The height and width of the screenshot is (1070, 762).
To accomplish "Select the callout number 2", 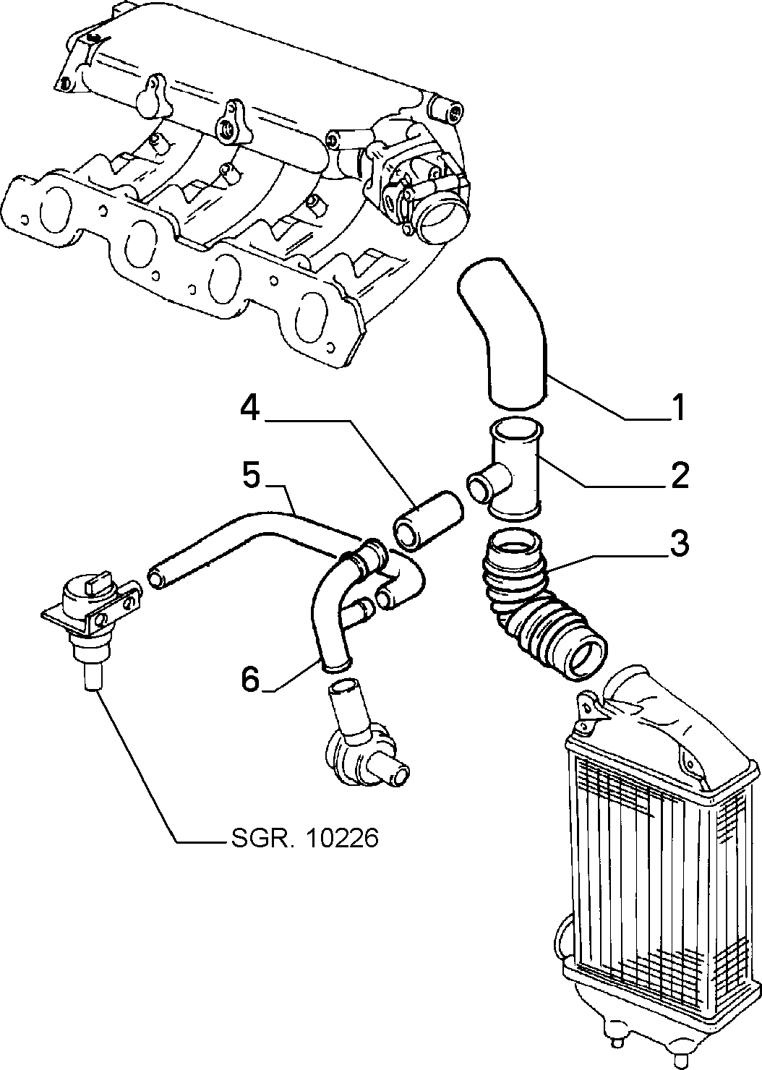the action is tap(679, 475).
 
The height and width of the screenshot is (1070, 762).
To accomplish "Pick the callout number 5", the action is tap(252, 476).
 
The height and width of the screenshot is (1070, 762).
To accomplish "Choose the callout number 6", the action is tap(250, 679).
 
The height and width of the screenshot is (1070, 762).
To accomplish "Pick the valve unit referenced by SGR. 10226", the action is tap(91, 621).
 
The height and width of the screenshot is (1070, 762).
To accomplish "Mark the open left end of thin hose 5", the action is tap(155, 576).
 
